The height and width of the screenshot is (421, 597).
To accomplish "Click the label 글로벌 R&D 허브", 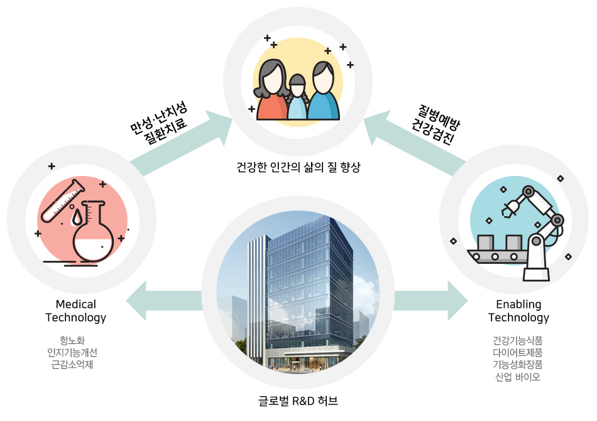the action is tap(298, 400).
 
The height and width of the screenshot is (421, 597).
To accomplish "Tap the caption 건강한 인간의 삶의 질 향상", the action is tap(298, 168).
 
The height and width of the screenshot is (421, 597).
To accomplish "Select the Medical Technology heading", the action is tap(75, 311).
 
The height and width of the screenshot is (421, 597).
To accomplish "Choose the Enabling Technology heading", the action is tap(518, 311).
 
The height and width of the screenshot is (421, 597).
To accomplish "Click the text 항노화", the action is tap(76, 341).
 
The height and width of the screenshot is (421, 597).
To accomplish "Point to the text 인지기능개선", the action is tap(76, 353).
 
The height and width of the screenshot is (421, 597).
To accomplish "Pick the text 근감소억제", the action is tap(76, 364).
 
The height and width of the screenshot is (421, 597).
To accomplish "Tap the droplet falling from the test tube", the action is tap(77, 217).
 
